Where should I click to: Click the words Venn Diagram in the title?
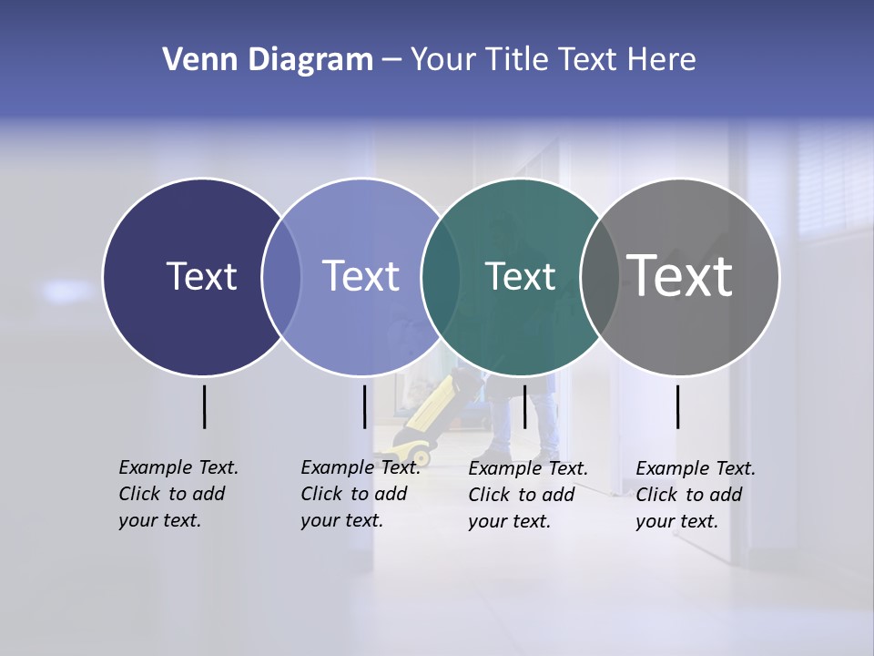pyautogui.click(x=267, y=60)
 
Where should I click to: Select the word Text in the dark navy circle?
pyautogui.click(x=201, y=276)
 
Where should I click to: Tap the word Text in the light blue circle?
pyautogui.click(x=361, y=276)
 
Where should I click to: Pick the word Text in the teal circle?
pyautogui.click(x=520, y=276)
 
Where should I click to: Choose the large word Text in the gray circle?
pyautogui.click(x=679, y=276)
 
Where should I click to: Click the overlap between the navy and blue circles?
pyautogui.click(x=281, y=277)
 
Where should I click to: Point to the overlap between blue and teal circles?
pyautogui.click(x=441, y=277)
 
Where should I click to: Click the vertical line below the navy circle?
pyautogui.click(x=204, y=406)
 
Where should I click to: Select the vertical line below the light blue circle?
pyautogui.click(x=364, y=406)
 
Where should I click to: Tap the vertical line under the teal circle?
pyautogui.click(x=524, y=406)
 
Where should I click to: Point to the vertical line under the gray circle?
pyautogui.click(x=677, y=406)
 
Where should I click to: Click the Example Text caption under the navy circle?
pyautogui.click(x=178, y=493)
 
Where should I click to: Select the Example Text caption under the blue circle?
pyautogui.click(x=360, y=493)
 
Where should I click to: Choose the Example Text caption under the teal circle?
pyautogui.click(x=527, y=494)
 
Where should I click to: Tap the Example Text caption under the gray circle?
pyautogui.click(x=695, y=494)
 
